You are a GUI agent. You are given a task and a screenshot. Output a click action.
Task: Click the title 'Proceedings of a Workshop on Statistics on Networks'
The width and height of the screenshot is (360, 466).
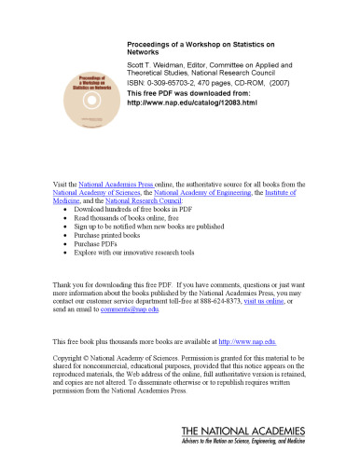(186, 48)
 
